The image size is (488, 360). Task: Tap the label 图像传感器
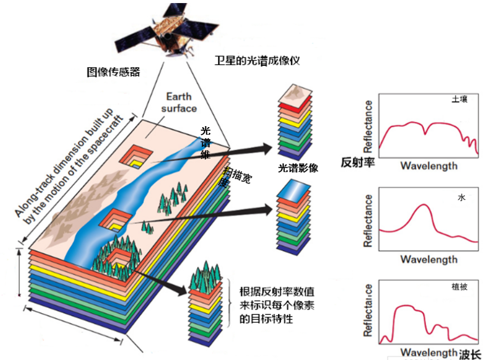click(x=113, y=72)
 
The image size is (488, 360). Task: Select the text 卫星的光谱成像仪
click(x=257, y=61)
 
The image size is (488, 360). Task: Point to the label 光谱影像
click(x=298, y=168)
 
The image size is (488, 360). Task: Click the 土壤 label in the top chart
click(x=459, y=100)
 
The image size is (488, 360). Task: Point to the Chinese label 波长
click(x=470, y=354)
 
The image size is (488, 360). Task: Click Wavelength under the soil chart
click(x=429, y=166)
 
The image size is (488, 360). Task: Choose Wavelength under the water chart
click(x=429, y=259)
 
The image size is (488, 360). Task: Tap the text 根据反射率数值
click(x=277, y=292)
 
